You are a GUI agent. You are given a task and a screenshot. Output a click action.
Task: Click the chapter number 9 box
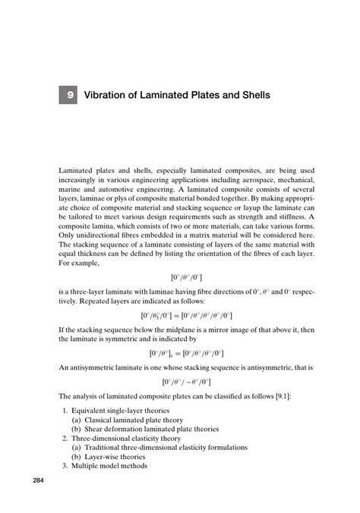(69, 96)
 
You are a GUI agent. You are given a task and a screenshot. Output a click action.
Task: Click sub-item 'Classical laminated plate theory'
(146, 420)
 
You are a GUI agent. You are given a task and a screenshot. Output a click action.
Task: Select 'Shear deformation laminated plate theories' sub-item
(162, 430)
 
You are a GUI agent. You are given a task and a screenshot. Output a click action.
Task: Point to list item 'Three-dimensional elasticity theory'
(127, 439)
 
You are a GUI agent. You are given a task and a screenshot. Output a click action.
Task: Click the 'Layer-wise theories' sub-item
(123, 458)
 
